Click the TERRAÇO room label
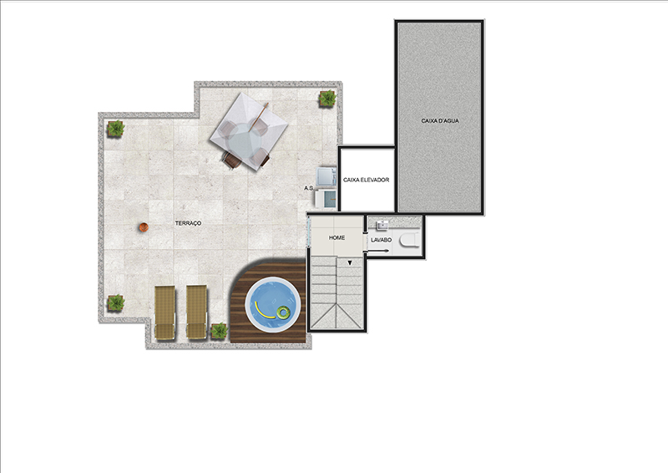coord(188,223)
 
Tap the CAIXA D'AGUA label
coord(440,120)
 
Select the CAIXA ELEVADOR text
coord(366,180)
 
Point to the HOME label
coord(337,237)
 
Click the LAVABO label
coord(381,240)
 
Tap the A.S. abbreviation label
coord(309,188)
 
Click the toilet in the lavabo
coord(409,241)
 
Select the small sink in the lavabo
coord(382,225)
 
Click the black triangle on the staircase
coord(350,262)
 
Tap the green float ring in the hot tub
coord(282,313)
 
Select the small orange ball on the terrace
coord(143,227)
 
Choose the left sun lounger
coord(164,313)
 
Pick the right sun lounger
coord(197,313)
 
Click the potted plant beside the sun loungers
coord(219,331)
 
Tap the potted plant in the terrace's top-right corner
coord(327,99)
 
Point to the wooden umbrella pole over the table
coord(259,116)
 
